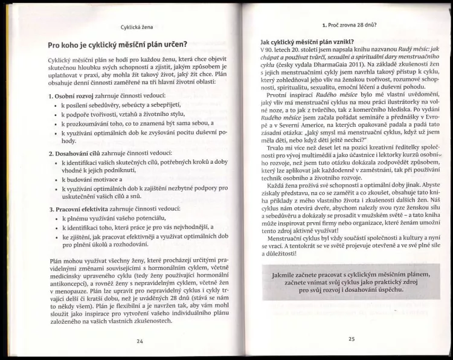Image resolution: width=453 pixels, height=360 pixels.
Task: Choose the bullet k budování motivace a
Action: [x=91, y=181]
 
